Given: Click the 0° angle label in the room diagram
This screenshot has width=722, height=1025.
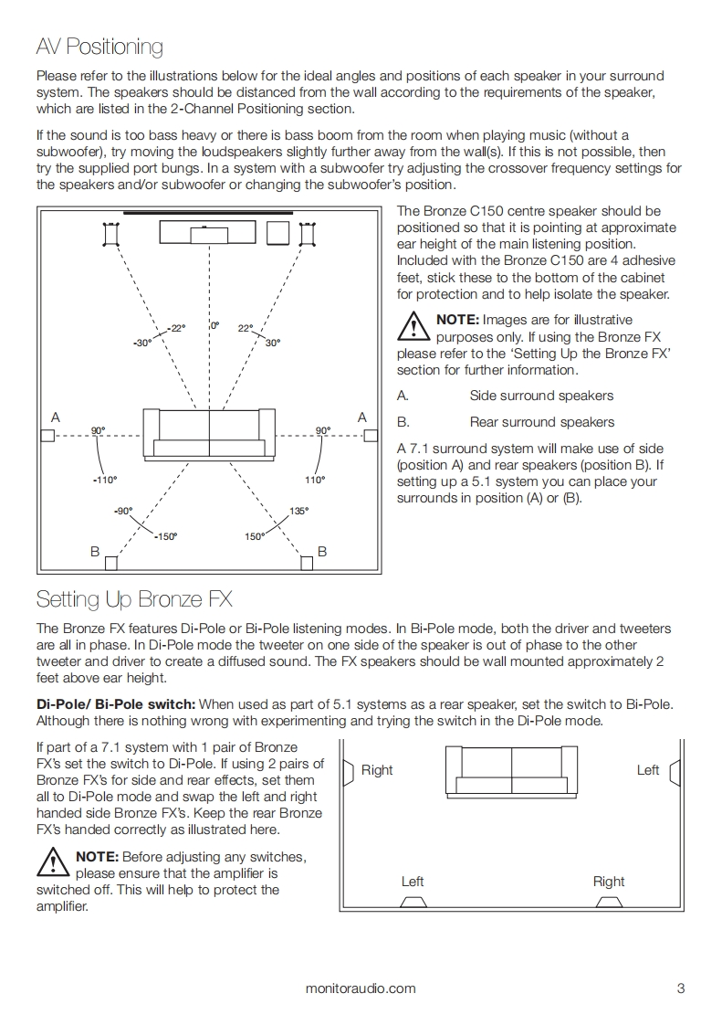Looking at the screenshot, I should [x=215, y=325].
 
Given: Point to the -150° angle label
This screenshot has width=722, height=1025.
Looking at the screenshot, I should [x=165, y=536].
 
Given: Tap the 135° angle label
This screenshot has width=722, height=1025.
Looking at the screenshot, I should [x=298, y=511].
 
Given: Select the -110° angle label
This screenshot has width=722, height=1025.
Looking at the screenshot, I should [x=105, y=480].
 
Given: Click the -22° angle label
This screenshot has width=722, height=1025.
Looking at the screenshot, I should [x=175, y=328].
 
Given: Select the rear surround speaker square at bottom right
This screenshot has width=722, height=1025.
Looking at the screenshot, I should [x=309, y=564].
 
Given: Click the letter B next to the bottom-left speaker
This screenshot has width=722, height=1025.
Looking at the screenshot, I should [x=94, y=552].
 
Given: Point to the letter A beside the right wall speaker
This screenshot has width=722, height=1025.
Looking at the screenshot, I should [x=361, y=417].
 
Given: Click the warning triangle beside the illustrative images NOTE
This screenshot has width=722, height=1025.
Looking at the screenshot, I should [x=414, y=327].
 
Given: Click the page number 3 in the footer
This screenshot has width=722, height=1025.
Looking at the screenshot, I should [x=681, y=988].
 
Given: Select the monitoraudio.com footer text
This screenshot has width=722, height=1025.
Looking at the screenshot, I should [x=361, y=988].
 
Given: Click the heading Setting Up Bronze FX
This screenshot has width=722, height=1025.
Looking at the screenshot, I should [x=134, y=599].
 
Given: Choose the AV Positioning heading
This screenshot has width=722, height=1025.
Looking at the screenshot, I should [x=99, y=46].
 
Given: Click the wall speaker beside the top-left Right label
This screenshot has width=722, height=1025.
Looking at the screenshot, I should [x=348, y=772].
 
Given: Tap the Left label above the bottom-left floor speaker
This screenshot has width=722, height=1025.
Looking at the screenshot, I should [x=413, y=882].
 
